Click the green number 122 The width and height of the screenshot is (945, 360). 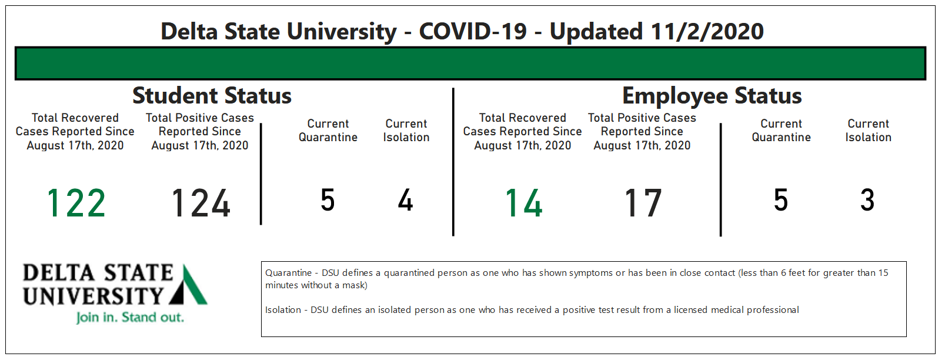tap(76, 203)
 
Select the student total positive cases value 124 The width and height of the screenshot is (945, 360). tap(201, 203)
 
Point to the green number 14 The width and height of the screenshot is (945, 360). tap(523, 203)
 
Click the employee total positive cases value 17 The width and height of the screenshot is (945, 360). tap(643, 203)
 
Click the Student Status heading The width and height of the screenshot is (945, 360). tap(212, 95)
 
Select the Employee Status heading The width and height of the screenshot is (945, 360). tap(712, 96)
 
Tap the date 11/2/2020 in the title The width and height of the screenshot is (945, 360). tap(707, 32)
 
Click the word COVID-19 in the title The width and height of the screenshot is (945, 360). tap(473, 32)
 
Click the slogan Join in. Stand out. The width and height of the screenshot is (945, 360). tap(130, 318)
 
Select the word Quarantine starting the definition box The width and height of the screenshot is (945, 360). tap(288, 273)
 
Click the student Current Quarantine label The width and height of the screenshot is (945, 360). tap(328, 131)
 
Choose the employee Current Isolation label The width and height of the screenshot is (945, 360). tap(868, 131)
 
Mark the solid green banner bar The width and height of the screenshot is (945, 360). tap(470, 64)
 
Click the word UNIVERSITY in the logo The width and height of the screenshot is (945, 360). tap(93, 296)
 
